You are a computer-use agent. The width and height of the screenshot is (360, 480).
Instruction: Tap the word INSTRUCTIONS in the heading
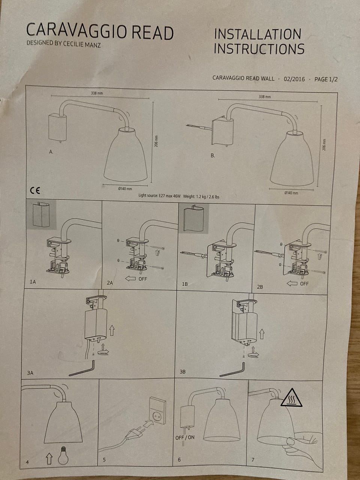tap(259, 48)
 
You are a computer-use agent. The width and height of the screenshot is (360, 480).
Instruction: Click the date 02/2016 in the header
tap(294, 79)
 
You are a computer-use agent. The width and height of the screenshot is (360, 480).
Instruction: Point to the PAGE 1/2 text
tap(325, 79)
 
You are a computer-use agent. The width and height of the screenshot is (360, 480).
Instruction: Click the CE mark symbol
tap(35, 191)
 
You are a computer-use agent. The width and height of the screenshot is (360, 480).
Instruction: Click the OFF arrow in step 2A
tap(130, 279)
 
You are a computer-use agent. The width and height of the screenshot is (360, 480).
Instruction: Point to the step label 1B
tap(185, 284)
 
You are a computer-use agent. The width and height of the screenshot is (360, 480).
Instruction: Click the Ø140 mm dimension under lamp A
tap(125, 189)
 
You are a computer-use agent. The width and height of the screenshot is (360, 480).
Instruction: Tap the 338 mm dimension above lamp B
tap(265, 97)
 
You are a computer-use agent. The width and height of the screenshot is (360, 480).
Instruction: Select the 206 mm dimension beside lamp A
tap(156, 141)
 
